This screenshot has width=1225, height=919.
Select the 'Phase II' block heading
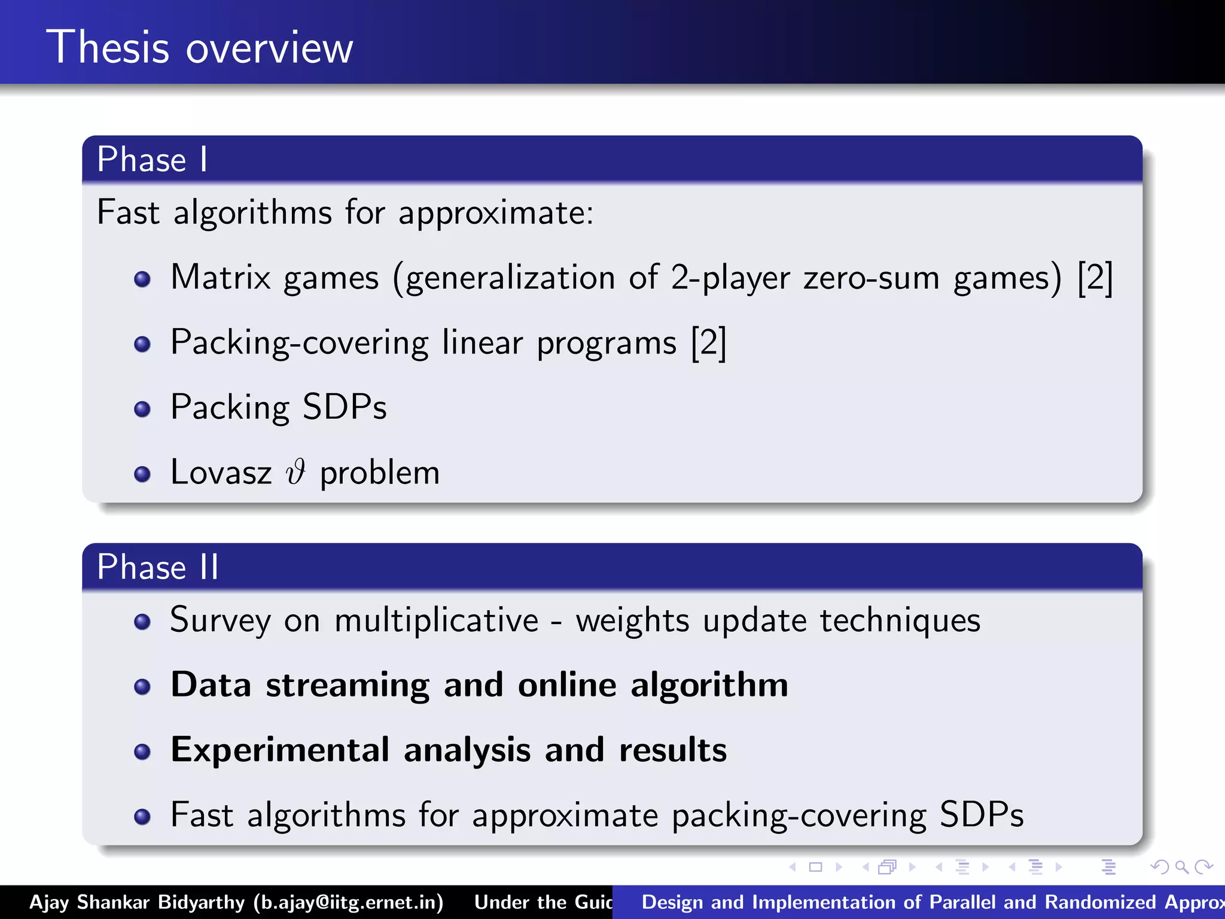pos(158,567)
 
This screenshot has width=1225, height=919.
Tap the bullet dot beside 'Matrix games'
pos(142,279)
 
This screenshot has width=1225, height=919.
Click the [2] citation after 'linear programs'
pos(708,343)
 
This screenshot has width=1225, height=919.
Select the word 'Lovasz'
pos(221,472)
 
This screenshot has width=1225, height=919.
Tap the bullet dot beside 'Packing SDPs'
pos(142,409)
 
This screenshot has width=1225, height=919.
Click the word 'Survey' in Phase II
pos(220,620)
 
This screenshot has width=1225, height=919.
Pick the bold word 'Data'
pos(211,684)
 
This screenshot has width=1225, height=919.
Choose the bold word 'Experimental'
pos(280,750)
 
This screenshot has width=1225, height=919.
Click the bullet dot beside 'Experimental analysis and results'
pos(142,751)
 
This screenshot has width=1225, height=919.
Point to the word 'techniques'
pos(900,620)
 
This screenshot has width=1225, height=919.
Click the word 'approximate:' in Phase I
pos(496,213)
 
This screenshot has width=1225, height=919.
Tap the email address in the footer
pos(348,902)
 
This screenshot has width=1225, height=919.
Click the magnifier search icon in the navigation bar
pos(1181,867)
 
